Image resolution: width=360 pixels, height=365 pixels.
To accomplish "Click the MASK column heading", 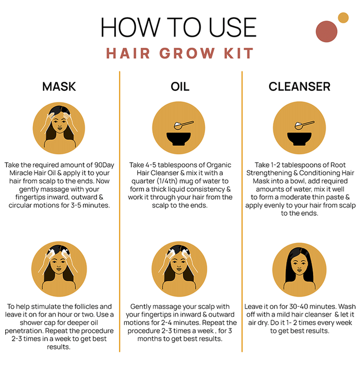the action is click(59, 87).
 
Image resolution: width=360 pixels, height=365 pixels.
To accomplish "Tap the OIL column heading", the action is click(180, 87).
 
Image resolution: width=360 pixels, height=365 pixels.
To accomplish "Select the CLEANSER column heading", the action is click(299, 87).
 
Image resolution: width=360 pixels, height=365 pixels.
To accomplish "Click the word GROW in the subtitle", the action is click(187, 53).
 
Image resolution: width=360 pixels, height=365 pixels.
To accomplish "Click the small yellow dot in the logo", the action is click(343, 18).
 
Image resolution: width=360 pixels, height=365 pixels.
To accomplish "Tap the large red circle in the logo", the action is click(327, 31).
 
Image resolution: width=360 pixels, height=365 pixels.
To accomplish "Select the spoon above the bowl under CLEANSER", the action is click(304, 125).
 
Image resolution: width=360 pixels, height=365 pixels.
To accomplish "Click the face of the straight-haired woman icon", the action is click(299, 264).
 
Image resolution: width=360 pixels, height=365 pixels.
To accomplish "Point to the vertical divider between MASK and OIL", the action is click(119, 211).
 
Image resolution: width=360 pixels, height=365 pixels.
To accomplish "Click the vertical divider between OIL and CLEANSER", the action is click(242, 211).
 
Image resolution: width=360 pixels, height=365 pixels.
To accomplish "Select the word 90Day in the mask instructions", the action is click(104, 165).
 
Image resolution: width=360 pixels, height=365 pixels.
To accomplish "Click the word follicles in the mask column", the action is click(85, 307).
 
